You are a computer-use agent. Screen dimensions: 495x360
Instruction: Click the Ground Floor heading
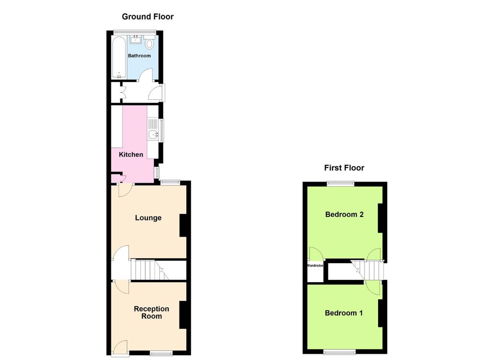coord(148,17)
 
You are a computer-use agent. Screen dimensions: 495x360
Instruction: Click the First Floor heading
coord(344,168)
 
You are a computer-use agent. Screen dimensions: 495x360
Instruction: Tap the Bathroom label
coord(139,56)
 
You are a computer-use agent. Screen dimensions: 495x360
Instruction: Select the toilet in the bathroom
coord(150,42)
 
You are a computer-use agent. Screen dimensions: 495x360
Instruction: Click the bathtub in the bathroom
coord(119,58)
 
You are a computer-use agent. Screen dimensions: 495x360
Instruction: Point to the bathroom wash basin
coord(136,39)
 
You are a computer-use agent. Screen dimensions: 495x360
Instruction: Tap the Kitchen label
coord(131,154)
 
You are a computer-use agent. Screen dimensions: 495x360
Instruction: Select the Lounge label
coord(148,218)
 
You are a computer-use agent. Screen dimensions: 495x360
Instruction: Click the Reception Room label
coord(152,312)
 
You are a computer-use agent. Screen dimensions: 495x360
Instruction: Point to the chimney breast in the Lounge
coord(183,225)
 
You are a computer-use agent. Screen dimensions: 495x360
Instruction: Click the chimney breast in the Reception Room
coord(183,315)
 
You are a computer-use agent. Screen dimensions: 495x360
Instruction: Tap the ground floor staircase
coord(150,270)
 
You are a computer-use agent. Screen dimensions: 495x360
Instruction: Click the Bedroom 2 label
coord(344,214)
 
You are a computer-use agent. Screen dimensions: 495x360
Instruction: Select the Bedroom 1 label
coord(344,313)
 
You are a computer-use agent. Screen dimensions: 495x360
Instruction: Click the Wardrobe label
coord(315,265)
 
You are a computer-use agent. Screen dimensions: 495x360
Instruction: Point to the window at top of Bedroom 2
coord(340,183)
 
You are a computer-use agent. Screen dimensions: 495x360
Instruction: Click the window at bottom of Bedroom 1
coord(339,352)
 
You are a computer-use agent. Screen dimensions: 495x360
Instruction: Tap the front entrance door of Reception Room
coord(120,348)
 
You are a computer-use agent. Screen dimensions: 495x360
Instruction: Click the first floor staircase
coord(368,270)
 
